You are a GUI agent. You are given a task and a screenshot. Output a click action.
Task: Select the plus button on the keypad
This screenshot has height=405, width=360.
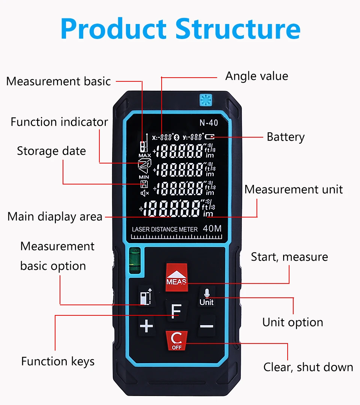click(146, 326)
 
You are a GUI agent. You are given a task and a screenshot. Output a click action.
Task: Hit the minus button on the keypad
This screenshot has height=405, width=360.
click(206, 326)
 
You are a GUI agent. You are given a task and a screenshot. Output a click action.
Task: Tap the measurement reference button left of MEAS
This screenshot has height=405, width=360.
click(146, 296)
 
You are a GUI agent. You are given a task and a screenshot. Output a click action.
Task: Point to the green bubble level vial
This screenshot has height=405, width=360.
click(133, 260)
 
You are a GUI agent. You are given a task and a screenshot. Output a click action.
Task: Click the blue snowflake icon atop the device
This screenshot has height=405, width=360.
click(205, 99)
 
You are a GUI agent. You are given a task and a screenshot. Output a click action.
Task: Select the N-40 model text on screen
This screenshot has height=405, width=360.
click(209, 123)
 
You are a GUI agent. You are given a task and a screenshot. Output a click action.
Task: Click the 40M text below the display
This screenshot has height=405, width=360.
click(212, 228)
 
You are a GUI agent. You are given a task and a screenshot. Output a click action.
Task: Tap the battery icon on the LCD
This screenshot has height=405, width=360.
click(210, 137)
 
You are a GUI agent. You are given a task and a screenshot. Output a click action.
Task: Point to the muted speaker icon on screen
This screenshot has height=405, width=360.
click(144, 193)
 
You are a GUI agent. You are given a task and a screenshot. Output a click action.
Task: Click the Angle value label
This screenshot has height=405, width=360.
click(256, 76)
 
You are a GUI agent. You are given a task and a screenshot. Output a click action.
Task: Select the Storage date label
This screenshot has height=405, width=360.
click(51, 151)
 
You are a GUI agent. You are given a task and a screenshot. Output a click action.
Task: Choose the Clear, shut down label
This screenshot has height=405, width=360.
click(308, 367)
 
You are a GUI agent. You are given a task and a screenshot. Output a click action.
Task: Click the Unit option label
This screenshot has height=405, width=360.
click(292, 322)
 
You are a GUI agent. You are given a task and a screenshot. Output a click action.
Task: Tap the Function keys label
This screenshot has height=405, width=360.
click(58, 361)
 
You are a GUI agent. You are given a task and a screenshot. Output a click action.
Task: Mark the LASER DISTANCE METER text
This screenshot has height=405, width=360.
click(165, 229)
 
